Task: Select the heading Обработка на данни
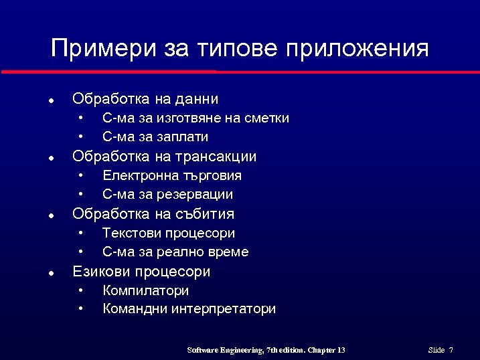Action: point(145,99)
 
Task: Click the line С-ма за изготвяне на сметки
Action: point(195,118)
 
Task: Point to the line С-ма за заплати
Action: point(155,137)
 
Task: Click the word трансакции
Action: point(216,157)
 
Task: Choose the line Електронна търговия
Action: point(172,175)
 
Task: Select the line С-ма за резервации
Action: point(167,195)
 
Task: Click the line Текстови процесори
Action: point(169,233)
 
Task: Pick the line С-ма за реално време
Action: point(175,252)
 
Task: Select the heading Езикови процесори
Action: point(141,272)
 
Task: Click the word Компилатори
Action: point(145,290)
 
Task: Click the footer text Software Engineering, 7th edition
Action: point(245,350)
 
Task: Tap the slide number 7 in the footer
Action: point(451,350)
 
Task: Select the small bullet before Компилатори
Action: point(80,290)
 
